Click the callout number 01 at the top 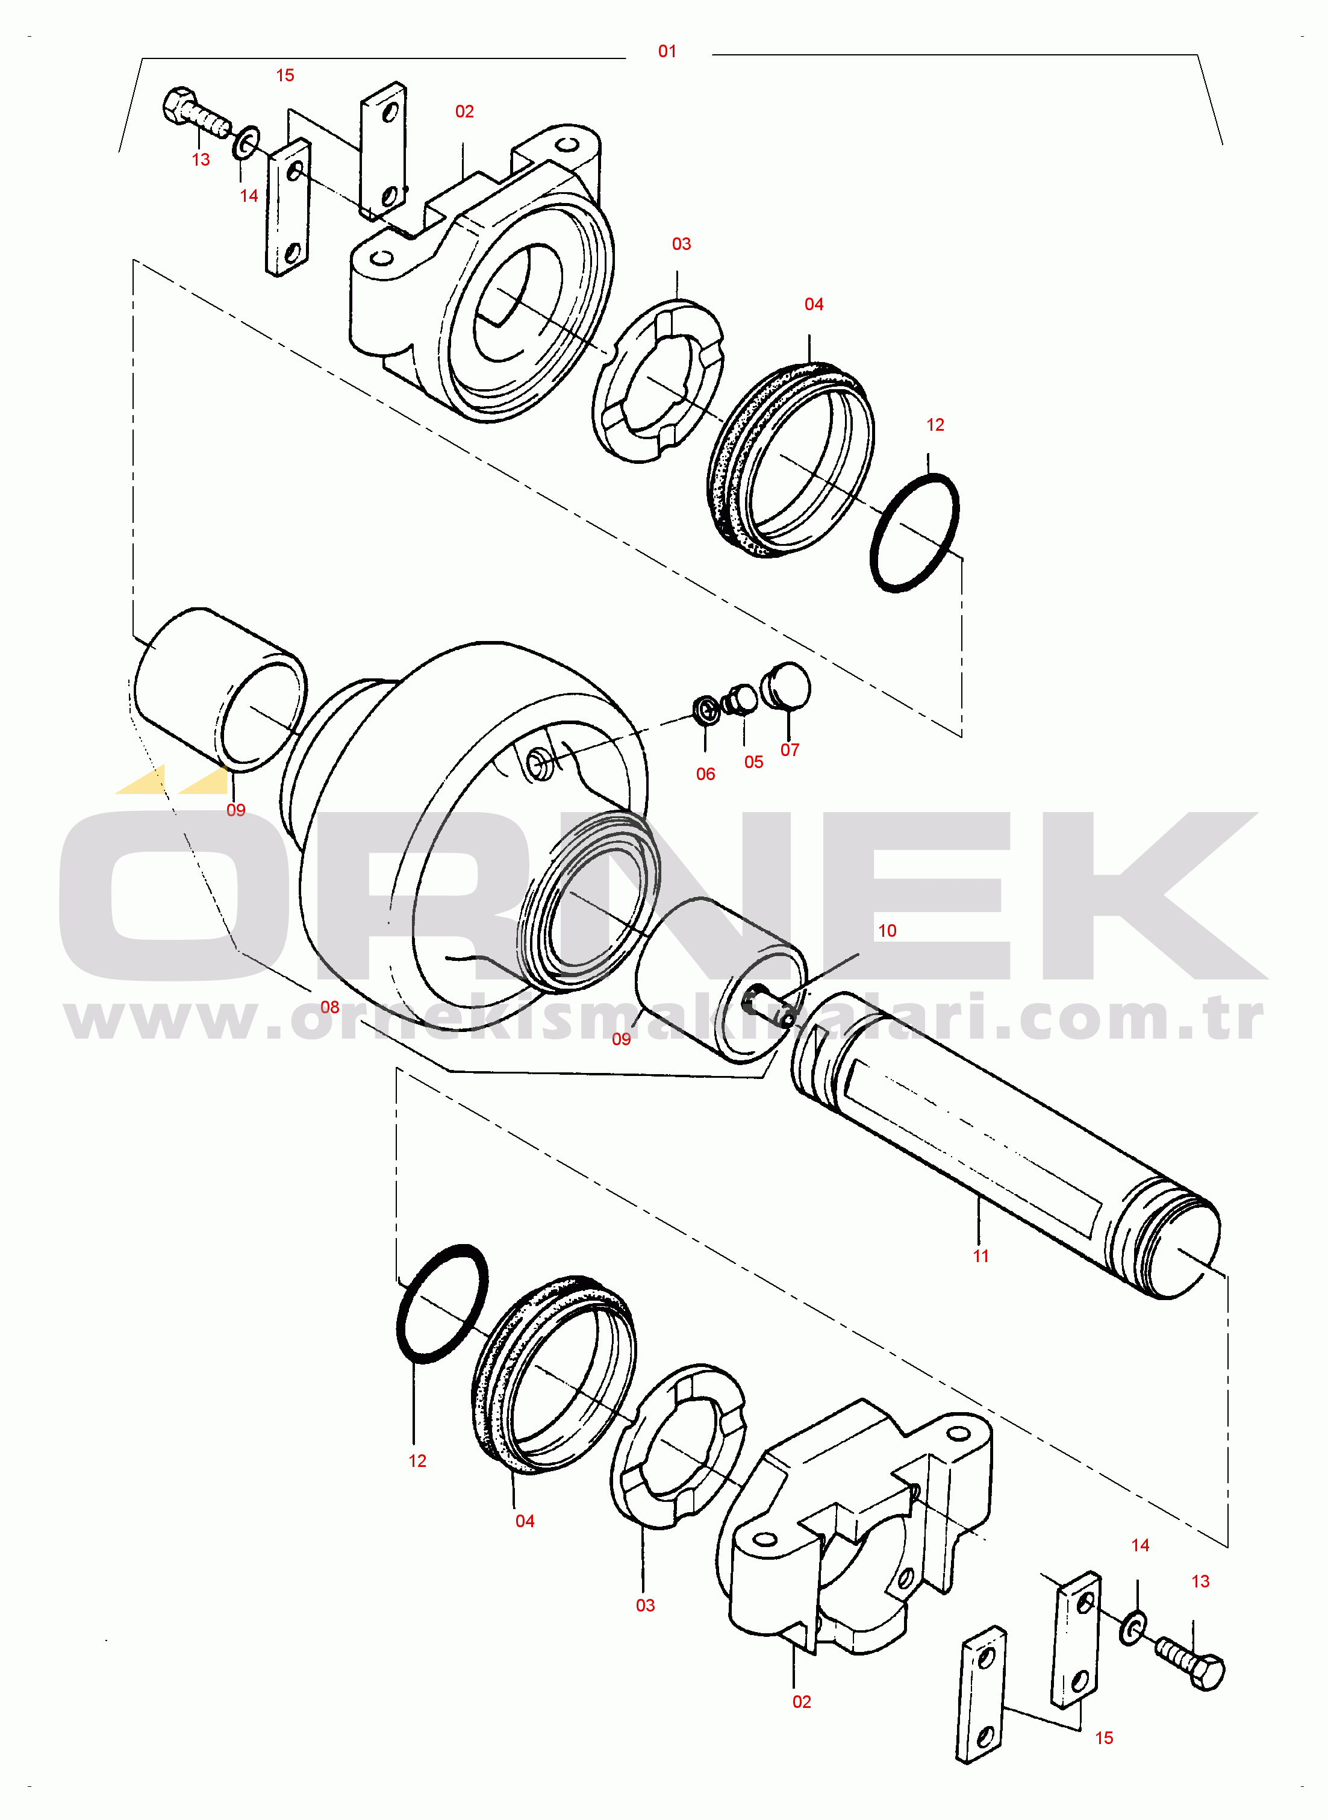(x=667, y=51)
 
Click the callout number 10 (x=887, y=931)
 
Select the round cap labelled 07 (x=785, y=686)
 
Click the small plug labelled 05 (x=739, y=699)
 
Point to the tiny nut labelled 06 (x=706, y=710)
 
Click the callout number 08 (x=329, y=1007)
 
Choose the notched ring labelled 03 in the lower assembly (x=678, y=1445)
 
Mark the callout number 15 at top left (x=285, y=75)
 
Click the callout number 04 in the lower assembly (x=525, y=1522)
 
